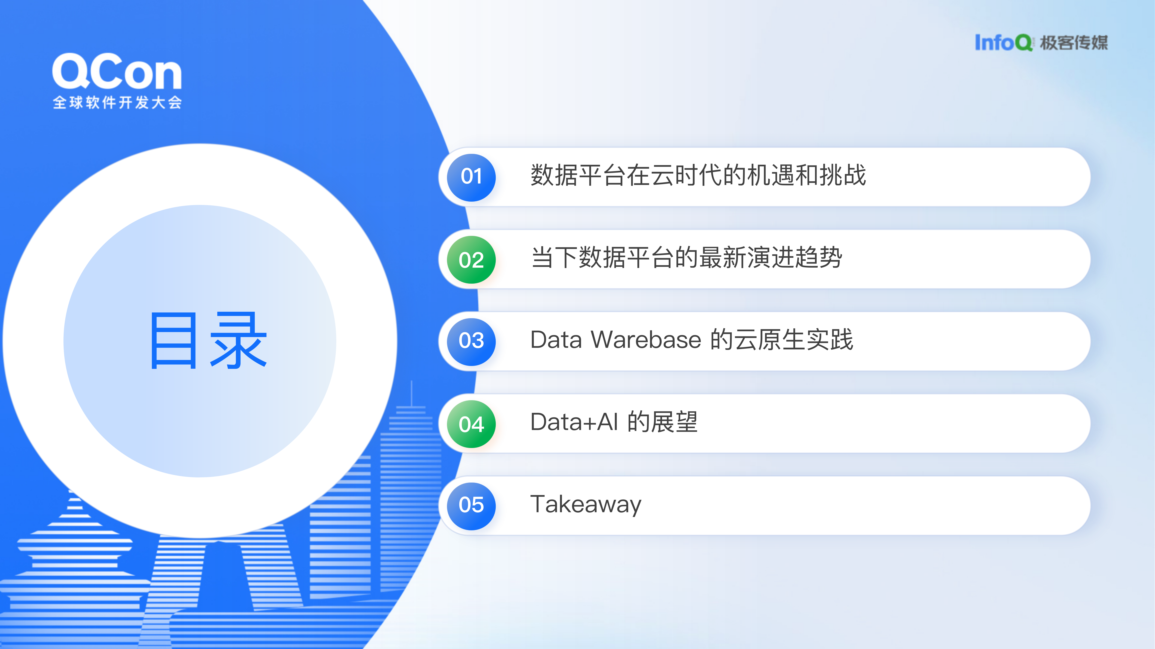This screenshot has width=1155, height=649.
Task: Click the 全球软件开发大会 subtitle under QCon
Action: coord(117,103)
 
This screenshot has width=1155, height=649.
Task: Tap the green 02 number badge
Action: coord(471,260)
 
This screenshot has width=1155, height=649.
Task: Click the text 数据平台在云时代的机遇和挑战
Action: coord(698,175)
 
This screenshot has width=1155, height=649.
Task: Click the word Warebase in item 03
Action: coord(646,340)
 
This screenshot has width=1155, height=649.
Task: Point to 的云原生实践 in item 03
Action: coord(782,340)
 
